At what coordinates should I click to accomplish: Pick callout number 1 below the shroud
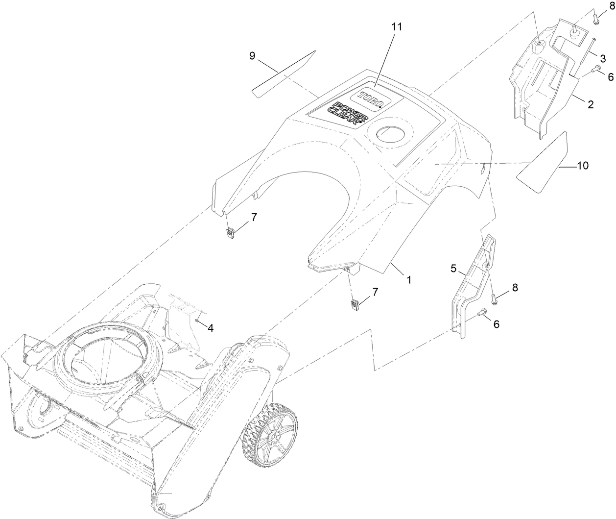[408, 279]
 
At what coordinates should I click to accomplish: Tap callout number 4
[211, 328]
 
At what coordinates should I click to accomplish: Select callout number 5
[454, 269]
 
